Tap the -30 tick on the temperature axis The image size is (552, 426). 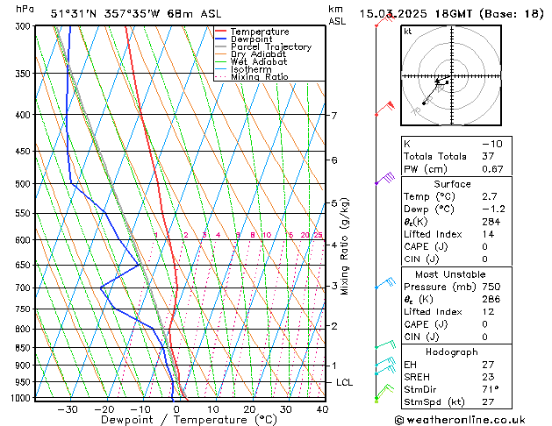coord(68,408)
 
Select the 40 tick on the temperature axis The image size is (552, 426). coord(322,408)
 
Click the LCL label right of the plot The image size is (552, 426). coord(345,383)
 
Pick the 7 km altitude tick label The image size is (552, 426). coord(334,116)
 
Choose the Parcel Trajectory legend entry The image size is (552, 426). coord(270,47)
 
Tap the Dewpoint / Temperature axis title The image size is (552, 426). coord(176,420)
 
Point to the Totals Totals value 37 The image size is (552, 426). coord(487,156)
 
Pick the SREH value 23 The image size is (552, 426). coord(487,377)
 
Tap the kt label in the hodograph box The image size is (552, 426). coord(408,32)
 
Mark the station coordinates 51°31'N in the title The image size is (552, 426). coord(71,14)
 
